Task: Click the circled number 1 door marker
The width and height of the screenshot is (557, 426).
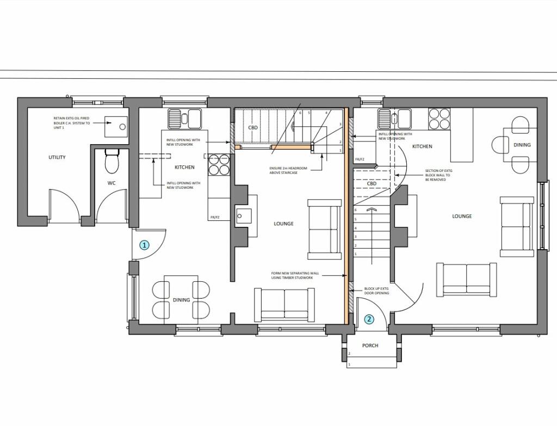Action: pyautogui.click(x=144, y=245)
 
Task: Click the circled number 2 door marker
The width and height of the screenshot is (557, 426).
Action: pyautogui.click(x=369, y=319)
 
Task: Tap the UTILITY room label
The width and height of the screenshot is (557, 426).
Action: pyautogui.click(x=57, y=157)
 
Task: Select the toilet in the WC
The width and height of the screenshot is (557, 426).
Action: pyautogui.click(x=112, y=160)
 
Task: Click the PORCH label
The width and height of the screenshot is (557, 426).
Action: pyautogui.click(x=370, y=345)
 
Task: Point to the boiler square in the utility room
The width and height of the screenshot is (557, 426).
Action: pyautogui.click(x=117, y=126)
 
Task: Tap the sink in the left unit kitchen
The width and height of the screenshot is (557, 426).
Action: pyautogui.click(x=184, y=118)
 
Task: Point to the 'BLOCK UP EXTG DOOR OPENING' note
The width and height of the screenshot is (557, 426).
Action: pyautogui.click(x=376, y=291)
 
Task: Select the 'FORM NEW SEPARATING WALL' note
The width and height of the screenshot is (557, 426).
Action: pyautogui.click(x=293, y=275)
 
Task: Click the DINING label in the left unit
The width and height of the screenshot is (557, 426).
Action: pyautogui.click(x=182, y=300)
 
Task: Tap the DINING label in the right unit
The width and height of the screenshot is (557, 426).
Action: pyautogui.click(x=522, y=145)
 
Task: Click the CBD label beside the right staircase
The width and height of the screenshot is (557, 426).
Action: pyautogui.click(x=372, y=183)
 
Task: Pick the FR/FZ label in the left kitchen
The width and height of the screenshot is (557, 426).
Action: pyautogui.click(x=215, y=218)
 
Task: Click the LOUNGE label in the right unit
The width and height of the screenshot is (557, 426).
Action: pyautogui.click(x=462, y=216)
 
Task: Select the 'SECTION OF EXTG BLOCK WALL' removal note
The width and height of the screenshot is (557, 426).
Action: pyautogui.click(x=438, y=175)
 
